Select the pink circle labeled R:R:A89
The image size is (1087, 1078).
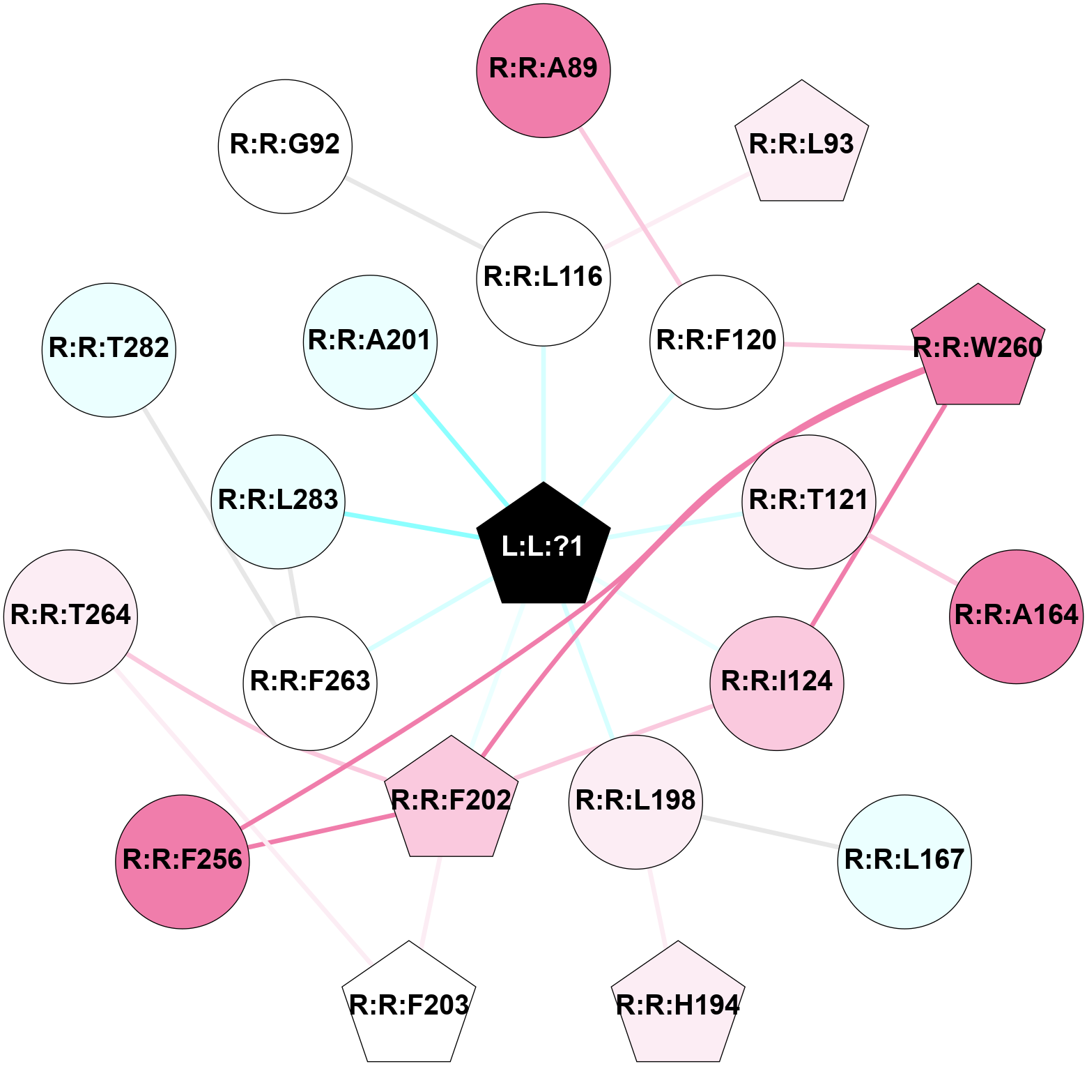coord(543,69)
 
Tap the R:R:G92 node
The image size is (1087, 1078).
coord(285,146)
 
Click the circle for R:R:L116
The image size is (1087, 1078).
coord(543,278)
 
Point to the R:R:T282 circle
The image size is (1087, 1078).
coord(109,349)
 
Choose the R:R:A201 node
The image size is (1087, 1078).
coord(370,342)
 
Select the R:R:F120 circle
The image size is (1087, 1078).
coord(716,342)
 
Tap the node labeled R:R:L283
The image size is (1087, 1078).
coord(278,501)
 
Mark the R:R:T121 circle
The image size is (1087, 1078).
coord(808,501)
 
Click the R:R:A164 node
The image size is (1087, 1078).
coord(1017,616)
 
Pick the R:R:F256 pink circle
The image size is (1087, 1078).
coord(183,861)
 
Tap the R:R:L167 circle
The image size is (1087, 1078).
coord(904,861)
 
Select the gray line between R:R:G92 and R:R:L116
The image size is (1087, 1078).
coord(414,213)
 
